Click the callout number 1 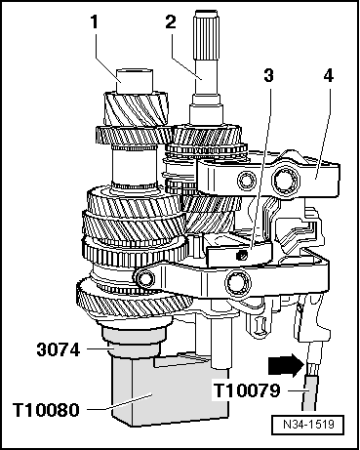pyautogui.click(x=95, y=22)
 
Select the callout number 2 pyautogui.click(x=171, y=22)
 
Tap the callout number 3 pyautogui.click(x=268, y=75)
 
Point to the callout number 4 pyautogui.click(x=329, y=75)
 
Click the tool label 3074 pyautogui.click(x=59, y=350)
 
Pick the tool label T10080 pyautogui.click(x=46, y=409)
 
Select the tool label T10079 pyautogui.click(x=247, y=390)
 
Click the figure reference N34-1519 pyautogui.click(x=308, y=425)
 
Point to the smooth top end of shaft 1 pyautogui.click(x=135, y=80)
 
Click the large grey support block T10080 pyautogui.click(x=169, y=389)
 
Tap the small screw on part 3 pyautogui.click(x=241, y=256)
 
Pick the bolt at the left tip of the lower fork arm pyautogui.click(x=144, y=278)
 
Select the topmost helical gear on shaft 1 pyautogui.click(x=136, y=109)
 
